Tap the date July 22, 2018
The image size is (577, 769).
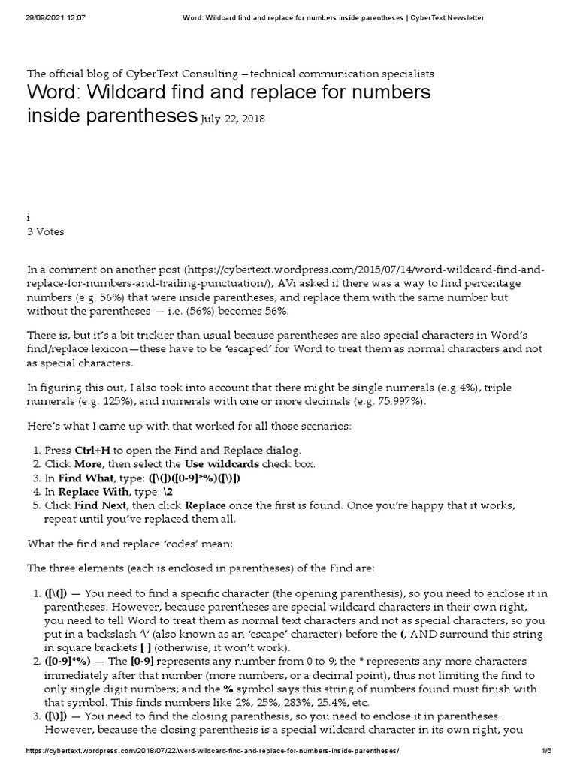[233, 119]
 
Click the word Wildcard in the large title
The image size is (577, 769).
[138, 93]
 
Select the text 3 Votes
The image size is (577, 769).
[46, 232]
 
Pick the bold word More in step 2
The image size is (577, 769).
[89, 464]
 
